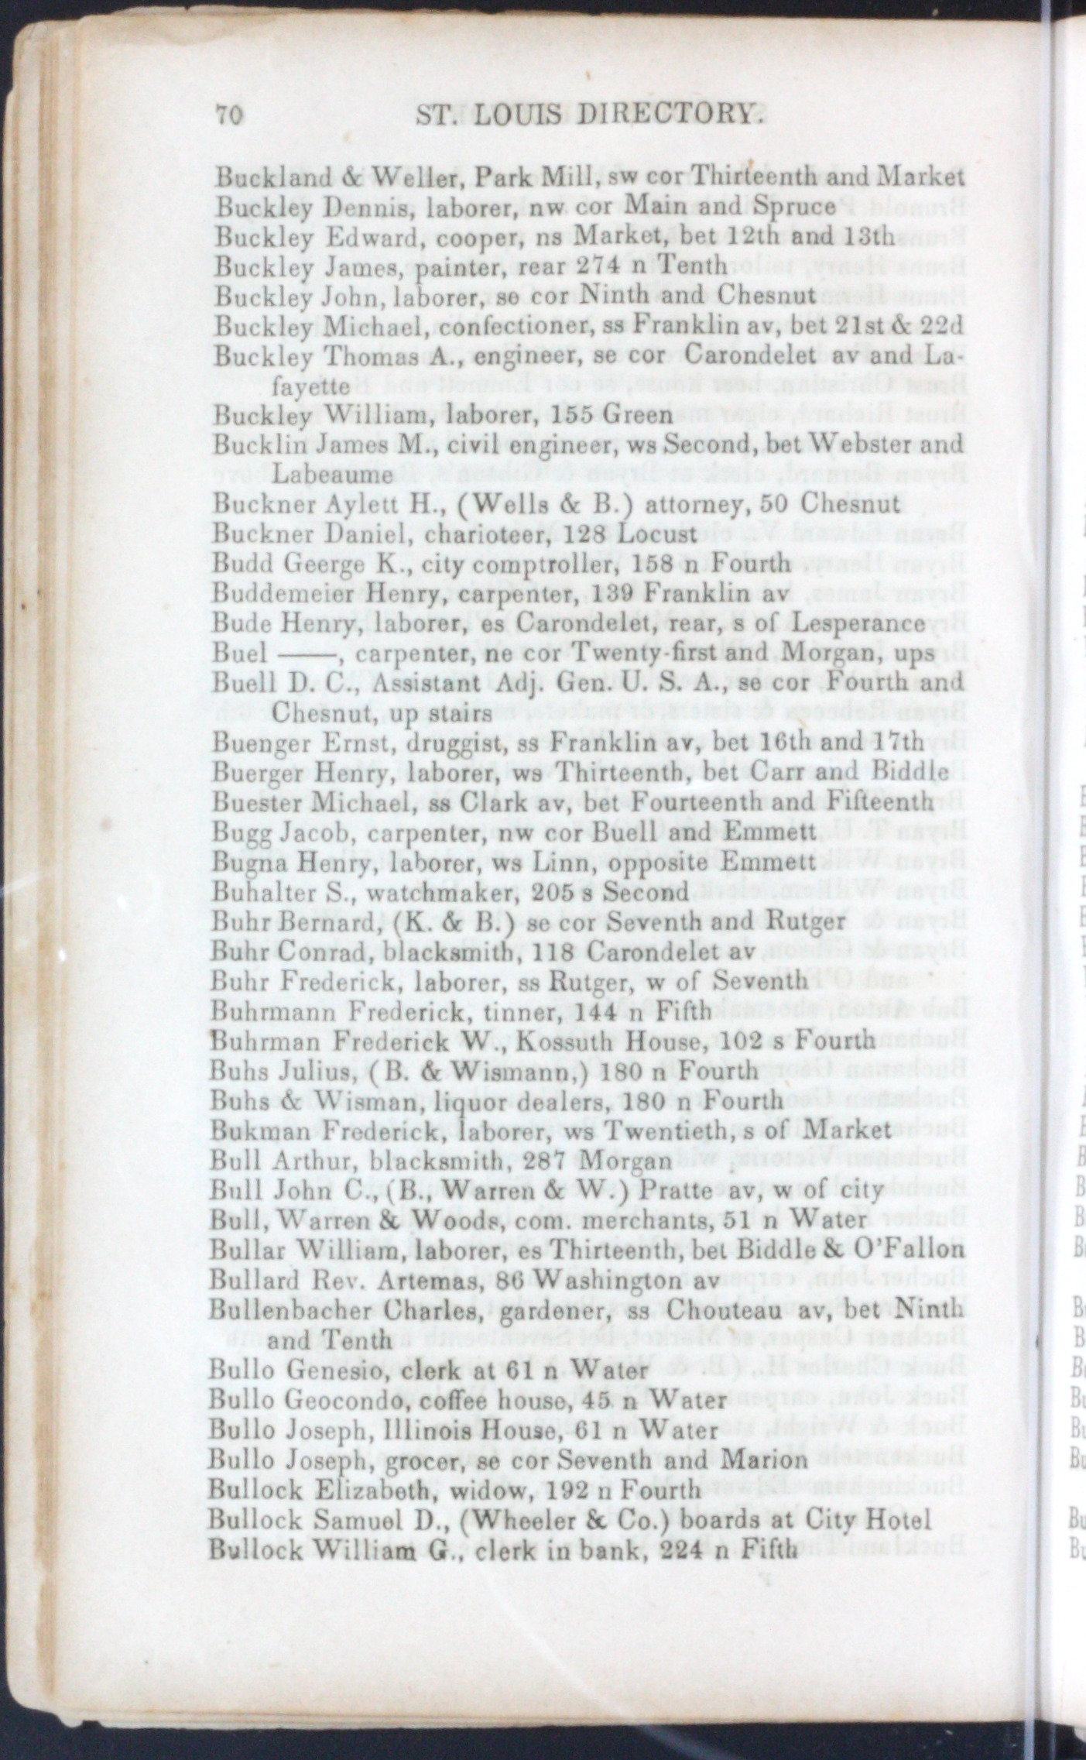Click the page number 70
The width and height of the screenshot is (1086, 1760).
pos(230,115)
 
